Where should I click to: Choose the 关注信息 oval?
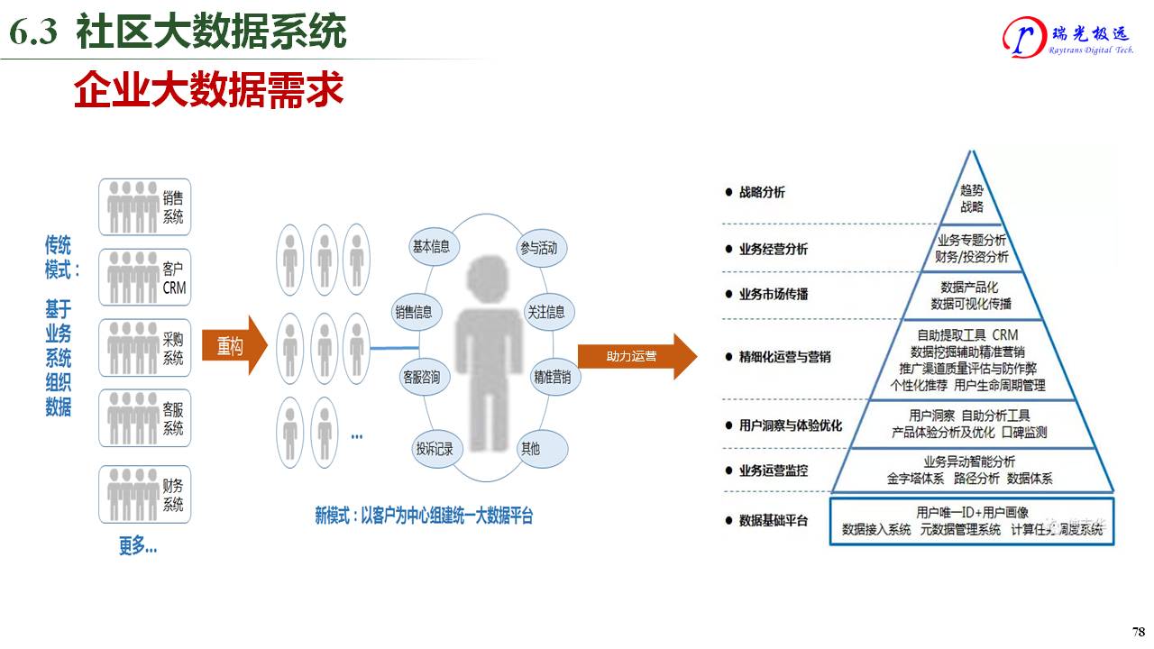[x=547, y=312]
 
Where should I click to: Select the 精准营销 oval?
[x=553, y=377]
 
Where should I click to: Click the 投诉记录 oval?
[x=435, y=448]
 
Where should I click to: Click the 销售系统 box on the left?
[x=145, y=207]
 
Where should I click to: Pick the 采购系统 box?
[x=145, y=348]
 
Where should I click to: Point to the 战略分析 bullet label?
[x=762, y=192]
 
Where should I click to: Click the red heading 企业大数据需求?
[x=208, y=92]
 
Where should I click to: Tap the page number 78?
[x=1138, y=631]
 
